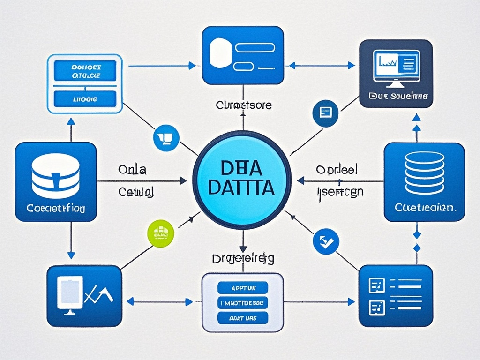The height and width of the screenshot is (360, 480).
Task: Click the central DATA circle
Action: point(242,180)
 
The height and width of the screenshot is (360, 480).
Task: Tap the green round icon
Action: point(161,232)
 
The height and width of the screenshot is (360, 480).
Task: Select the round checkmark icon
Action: point(325,241)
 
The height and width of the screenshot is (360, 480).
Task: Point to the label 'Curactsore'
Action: point(244,105)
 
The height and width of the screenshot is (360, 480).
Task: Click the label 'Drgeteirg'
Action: point(243,258)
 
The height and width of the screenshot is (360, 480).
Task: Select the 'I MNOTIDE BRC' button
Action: point(242,303)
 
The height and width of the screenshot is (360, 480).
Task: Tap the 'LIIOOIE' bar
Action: point(85,99)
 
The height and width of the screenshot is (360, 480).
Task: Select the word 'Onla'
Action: point(133,169)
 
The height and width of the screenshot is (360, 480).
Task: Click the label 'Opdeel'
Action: point(336,169)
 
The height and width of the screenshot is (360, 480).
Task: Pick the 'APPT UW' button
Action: point(243,287)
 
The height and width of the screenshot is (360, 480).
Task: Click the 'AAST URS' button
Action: point(243,318)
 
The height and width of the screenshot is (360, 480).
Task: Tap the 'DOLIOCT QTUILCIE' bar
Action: point(85,70)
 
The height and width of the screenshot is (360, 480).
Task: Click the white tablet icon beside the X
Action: point(70,293)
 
